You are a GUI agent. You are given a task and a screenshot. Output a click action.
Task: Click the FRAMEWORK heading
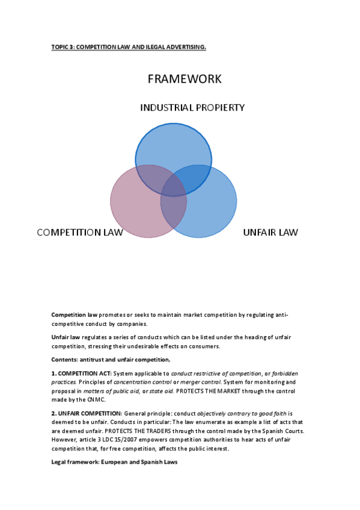click(x=184, y=79)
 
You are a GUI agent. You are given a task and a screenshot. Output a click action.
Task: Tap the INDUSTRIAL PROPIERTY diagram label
click(x=192, y=108)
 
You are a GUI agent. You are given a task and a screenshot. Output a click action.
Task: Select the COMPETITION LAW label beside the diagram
click(x=80, y=232)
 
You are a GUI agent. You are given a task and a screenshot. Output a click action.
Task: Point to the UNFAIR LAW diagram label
click(x=270, y=232)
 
